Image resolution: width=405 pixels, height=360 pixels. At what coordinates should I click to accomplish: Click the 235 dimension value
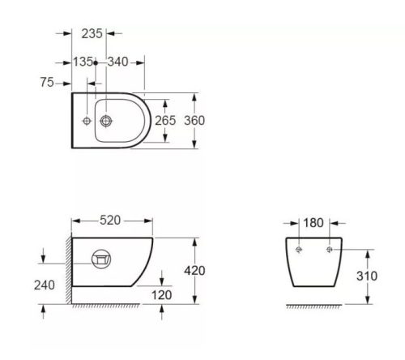(x=92, y=34)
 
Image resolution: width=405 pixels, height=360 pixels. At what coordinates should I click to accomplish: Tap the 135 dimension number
(x=83, y=62)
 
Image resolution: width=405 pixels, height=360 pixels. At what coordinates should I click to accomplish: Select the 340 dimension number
(x=117, y=62)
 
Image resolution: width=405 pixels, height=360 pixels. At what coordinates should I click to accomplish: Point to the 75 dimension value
(x=47, y=82)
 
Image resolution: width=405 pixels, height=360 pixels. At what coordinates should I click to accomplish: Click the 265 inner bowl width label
(x=165, y=121)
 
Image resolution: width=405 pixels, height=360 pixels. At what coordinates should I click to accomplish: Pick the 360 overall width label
(x=194, y=121)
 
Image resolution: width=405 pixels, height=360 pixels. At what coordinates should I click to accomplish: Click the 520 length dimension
(x=110, y=221)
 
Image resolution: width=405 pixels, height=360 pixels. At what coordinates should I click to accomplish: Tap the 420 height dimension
(x=194, y=271)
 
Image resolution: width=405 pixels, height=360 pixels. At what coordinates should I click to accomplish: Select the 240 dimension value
(x=45, y=285)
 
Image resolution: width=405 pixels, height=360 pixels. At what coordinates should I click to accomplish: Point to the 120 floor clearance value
(x=161, y=295)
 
